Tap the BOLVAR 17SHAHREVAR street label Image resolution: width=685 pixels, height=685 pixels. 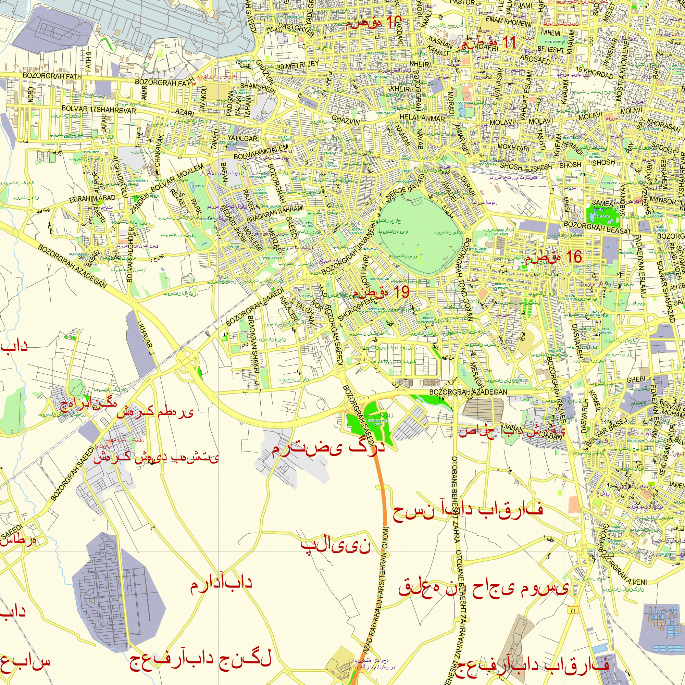(x=99, y=109)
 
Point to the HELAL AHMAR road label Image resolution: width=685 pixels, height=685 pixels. (x=422, y=118)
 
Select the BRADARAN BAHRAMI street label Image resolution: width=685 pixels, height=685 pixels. (x=275, y=214)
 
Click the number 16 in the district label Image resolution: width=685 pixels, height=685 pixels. (x=574, y=257)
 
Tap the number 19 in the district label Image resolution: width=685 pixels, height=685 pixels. (x=401, y=292)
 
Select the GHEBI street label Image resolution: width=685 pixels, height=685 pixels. (x=636, y=380)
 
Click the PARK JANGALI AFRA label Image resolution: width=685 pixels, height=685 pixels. (x=377, y=422)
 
